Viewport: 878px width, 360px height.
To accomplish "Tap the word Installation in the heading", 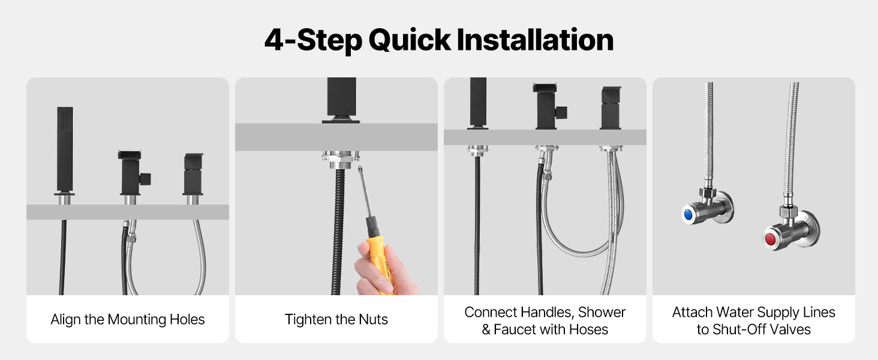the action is [x=535, y=40].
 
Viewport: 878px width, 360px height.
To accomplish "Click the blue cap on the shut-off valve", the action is [x=688, y=215].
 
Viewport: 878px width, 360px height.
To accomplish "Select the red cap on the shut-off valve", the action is [x=770, y=239].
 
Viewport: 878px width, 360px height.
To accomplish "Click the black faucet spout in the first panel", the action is [x=193, y=174].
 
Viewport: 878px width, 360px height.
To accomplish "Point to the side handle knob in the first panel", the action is [x=145, y=179].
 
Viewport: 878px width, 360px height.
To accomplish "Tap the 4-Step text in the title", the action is [x=313, y=40].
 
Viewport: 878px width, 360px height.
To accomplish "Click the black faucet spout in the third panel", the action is [x=611, y=107].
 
